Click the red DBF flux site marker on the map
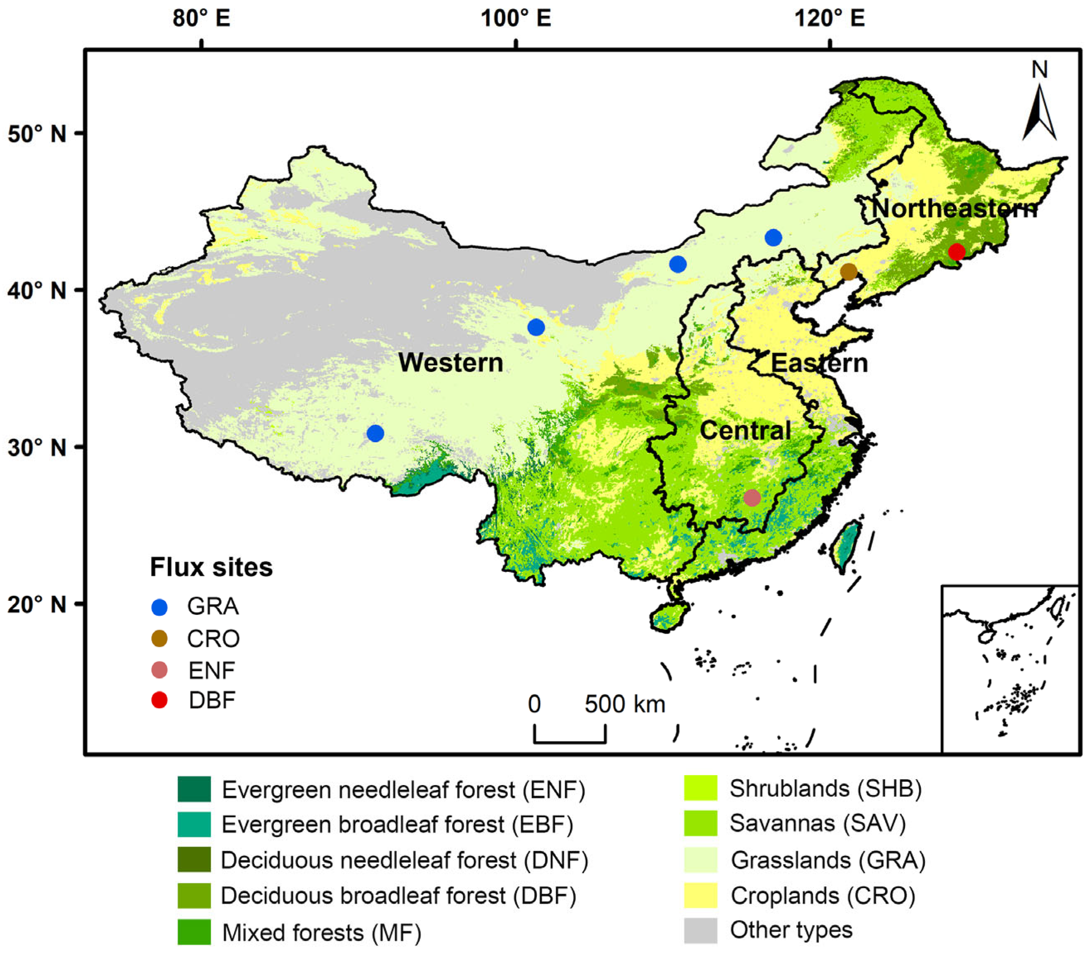pos(956,251)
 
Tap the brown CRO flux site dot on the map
pos(848,272)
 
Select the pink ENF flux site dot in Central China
pos(752,498)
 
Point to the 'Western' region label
pos(451,363)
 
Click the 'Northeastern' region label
pos(954,208)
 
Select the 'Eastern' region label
pos(819,363)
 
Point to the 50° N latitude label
pos(37,134)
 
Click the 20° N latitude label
pos(37,605)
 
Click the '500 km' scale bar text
pos(625,704)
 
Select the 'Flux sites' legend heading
pos(211,567)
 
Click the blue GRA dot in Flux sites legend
pos(159,607)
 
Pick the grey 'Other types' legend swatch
pos(700,930)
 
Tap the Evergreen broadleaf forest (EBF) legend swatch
pos(194,824)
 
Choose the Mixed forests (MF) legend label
pos(321,932)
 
